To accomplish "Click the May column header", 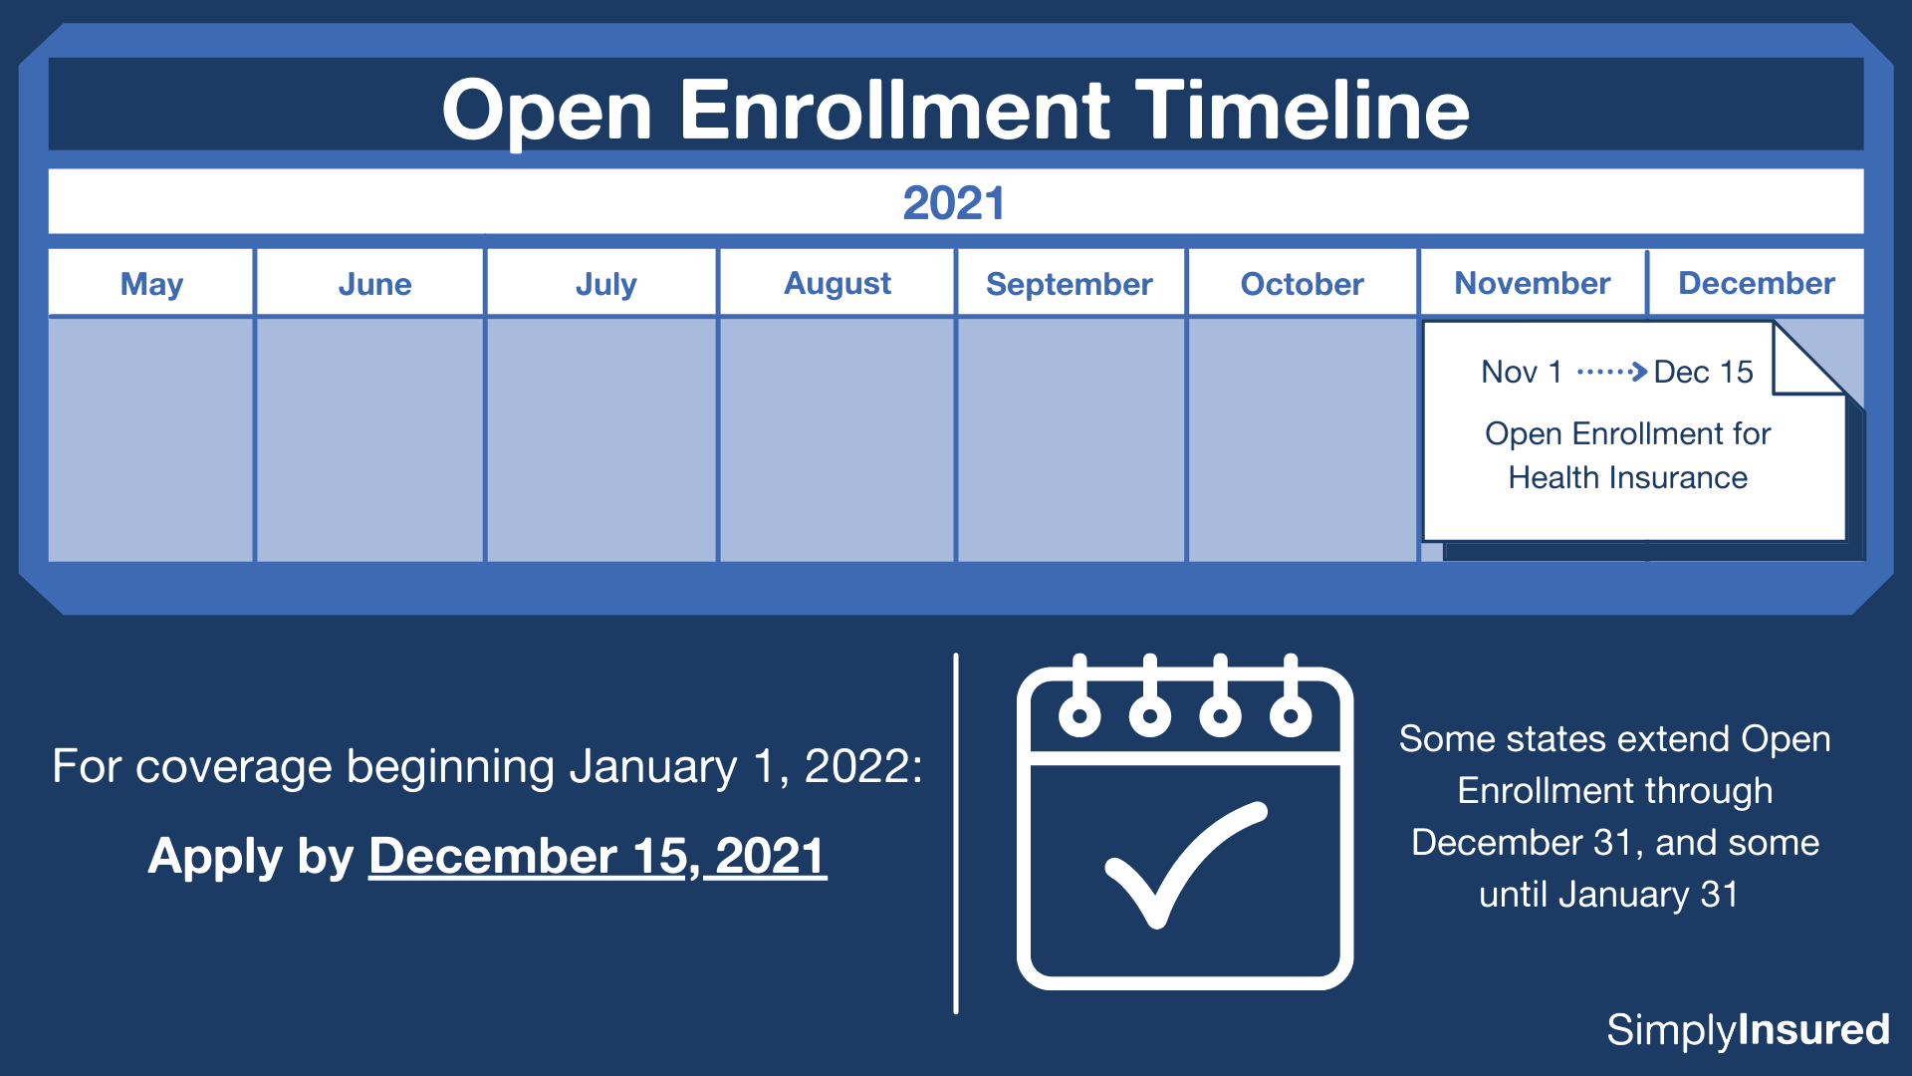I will click(151, 284).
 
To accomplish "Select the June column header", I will click(374, 284).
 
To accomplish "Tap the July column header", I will click(605, 284).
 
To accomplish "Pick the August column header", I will click(837, 284).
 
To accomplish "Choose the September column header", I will click(1069, 284).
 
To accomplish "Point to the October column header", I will click(1302, 284).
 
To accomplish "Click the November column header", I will click(1532, 283).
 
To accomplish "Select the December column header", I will click(1756, 283).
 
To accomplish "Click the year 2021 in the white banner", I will click(954, 203).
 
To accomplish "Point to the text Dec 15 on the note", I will click(1703, 372).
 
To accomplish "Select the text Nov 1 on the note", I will click(1521, 372).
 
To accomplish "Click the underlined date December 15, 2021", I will click(597, 856).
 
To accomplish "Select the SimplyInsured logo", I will click(1748, 1029).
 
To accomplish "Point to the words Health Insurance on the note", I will click(1627, 477).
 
